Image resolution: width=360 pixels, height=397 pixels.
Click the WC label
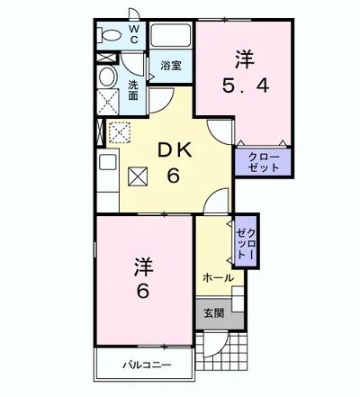click(x=132, y=35)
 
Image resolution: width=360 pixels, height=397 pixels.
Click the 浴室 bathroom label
click(x=170, y=66)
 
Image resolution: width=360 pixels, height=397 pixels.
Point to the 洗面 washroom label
click(x=132, y=91)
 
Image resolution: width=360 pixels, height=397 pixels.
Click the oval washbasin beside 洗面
click(x=107, y=76)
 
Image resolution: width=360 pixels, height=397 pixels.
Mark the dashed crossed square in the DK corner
click(x=119, y=133)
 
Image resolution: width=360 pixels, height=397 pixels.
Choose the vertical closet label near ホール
click(x=245, y=240)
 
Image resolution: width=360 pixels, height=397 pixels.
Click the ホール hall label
click(x=218, y=277)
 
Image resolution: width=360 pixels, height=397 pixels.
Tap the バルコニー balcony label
click(x=148, y=365)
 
